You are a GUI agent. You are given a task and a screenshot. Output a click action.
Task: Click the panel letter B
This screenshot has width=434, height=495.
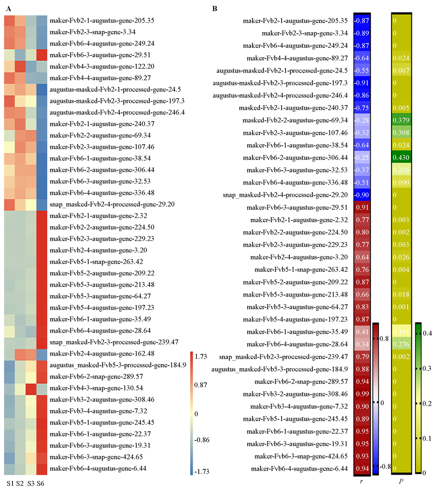coord(214,8)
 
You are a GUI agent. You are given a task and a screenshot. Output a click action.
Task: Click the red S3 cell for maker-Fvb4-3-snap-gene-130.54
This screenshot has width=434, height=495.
coord(31,388)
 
